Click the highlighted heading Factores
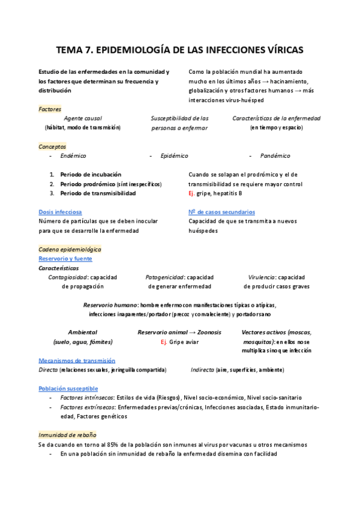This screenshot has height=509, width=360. [x=49, y=109]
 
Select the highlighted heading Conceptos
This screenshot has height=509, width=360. [x=52, y=146]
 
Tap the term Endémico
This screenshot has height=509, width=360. [x=73, y=156]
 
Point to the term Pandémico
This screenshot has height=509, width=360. [x=275, y=156]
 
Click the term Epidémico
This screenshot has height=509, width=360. [x=174, y=156]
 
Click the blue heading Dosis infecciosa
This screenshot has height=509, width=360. [x=60, y=212]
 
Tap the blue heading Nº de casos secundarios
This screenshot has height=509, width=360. [x=221, y=212]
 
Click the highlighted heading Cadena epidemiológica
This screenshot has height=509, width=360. [x=70, y=249]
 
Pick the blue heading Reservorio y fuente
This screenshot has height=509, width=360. [x=65, y=259]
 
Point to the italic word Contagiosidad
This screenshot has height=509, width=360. [x=68, y=277]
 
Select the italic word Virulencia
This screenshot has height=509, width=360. [x=262, y=277]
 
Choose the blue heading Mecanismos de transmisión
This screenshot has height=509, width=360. [x=77, y=360]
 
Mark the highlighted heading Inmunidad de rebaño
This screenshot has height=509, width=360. [x=67, y=435]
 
